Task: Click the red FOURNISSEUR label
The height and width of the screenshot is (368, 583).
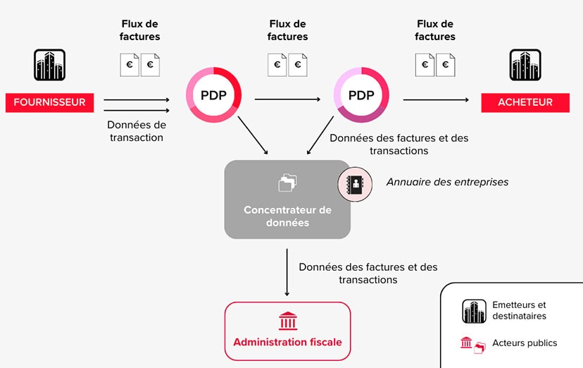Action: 49,102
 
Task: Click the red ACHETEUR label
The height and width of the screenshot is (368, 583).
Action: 525,102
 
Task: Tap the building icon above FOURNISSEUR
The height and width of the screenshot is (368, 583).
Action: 49,65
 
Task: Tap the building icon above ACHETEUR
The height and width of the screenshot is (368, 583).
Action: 525,65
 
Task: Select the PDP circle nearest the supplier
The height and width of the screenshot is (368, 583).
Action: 213,95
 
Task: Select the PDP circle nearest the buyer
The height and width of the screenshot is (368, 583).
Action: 361,95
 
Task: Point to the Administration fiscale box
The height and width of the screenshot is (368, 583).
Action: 287,331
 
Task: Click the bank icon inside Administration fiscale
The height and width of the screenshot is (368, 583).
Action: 288,321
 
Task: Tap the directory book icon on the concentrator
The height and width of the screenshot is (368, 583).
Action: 355,185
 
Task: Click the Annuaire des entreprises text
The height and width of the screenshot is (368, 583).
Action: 447,182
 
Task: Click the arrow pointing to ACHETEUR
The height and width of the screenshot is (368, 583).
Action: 437,99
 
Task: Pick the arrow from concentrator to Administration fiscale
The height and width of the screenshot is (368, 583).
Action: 287,271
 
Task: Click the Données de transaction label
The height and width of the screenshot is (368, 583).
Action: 137,131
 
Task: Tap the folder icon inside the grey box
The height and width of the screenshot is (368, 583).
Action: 287,183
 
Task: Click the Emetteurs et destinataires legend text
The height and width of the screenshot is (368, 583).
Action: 519,310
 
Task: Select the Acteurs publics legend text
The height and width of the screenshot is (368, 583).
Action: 525,343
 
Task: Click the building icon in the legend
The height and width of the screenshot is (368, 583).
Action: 474,311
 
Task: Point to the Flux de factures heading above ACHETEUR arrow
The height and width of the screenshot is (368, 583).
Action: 435,30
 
